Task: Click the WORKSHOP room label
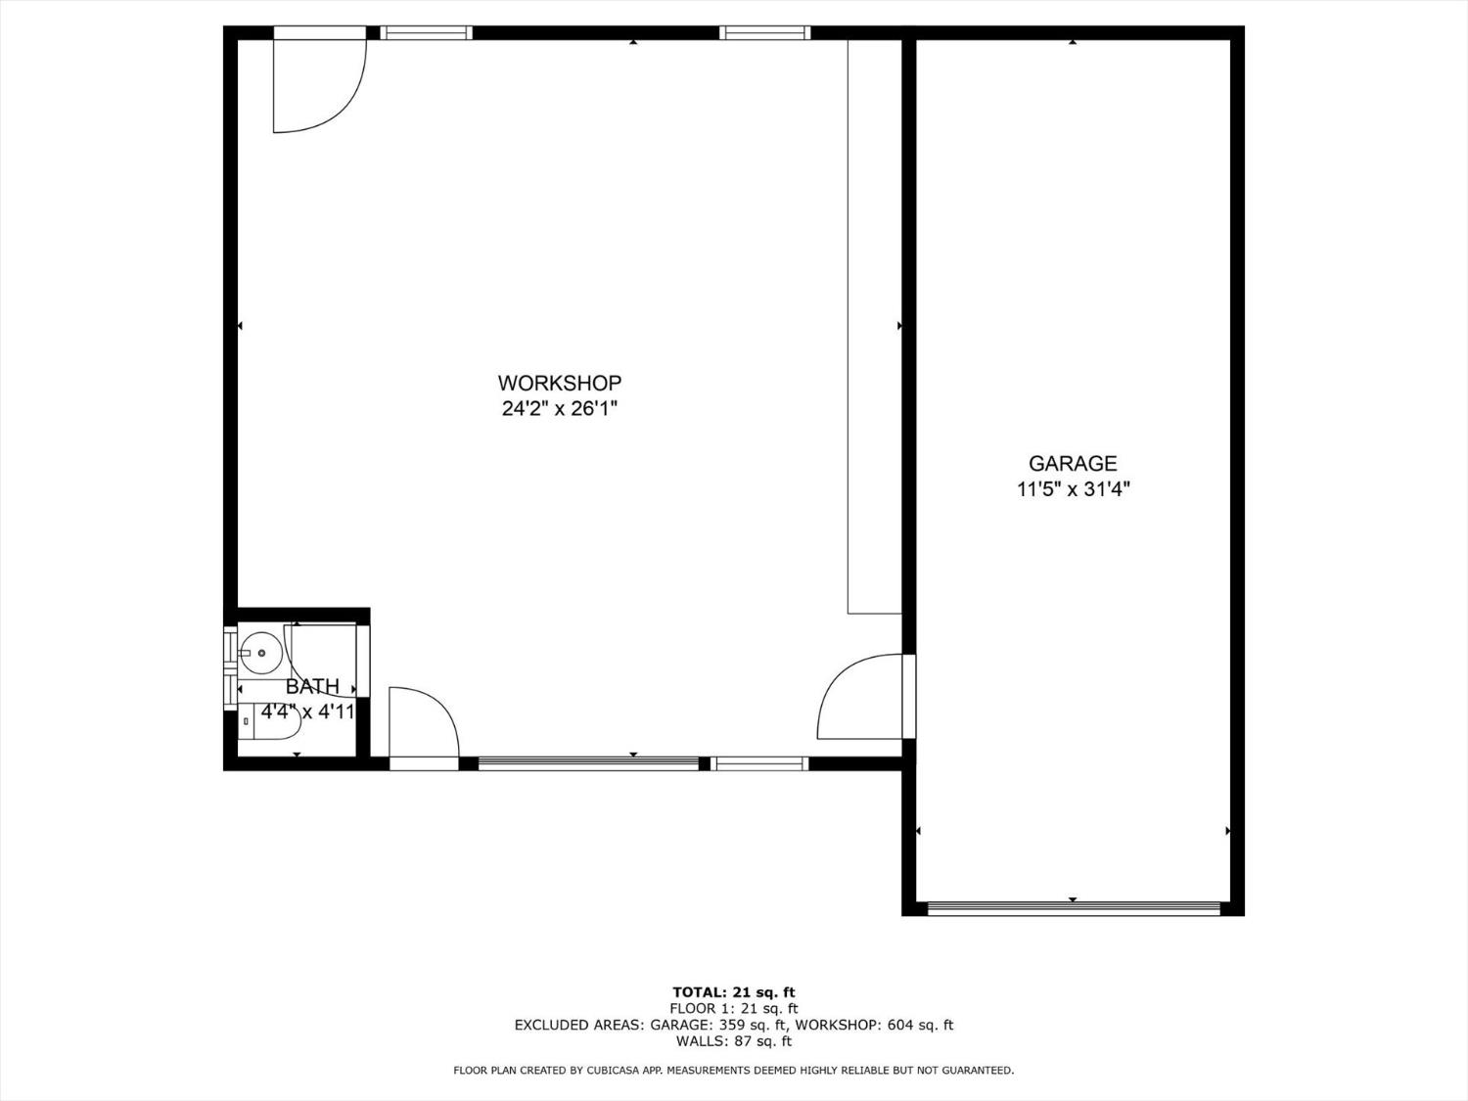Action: pyautogui.click(x=559, y=383)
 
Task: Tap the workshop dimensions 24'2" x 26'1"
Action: pyautogui.click(x=559, y=408)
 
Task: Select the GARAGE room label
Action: pyautogui.click(x=1073, y=463)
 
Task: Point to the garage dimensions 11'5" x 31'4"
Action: pyautogui.click(x=1073, y=489)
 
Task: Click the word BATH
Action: pyautogui.click(x=312, y=687)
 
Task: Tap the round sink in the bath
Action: pyautogui.click(x=261, y=653)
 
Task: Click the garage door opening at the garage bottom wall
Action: pyautogui.click(x=1074, y=908)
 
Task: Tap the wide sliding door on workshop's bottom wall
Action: pyautogui.click(x=588, y=763)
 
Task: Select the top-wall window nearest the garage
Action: pyautogui.click(x=765, y=32)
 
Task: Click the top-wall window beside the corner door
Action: pyautogui.click(x=426, y=32)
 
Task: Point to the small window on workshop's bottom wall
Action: pyautogui.click(x=759, y=763)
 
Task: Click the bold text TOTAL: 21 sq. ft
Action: pyautogui.click(x=734, y=992)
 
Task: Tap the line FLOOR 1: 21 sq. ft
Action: pyautogui.click(x=734, y=1008)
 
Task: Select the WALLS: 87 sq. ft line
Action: pyautogui.click(x=734, y=1041)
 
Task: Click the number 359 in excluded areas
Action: pyautogui.click(x=731, y=1025)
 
